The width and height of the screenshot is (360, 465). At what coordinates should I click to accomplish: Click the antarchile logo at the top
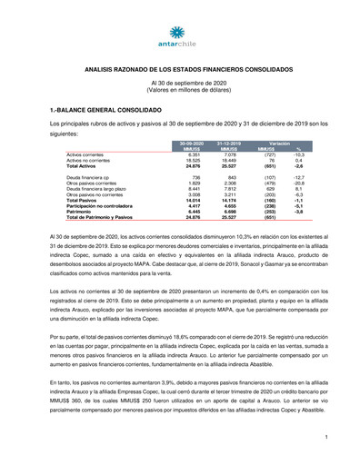(180, 32)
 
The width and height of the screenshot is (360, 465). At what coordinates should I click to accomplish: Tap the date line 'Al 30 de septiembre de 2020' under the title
(180, 83)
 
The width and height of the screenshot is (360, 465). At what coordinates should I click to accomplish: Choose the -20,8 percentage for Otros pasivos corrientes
(300, 183)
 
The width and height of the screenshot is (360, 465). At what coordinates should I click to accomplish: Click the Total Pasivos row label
(85, 200)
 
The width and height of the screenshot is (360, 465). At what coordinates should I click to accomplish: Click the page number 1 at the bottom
(325, 438)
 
